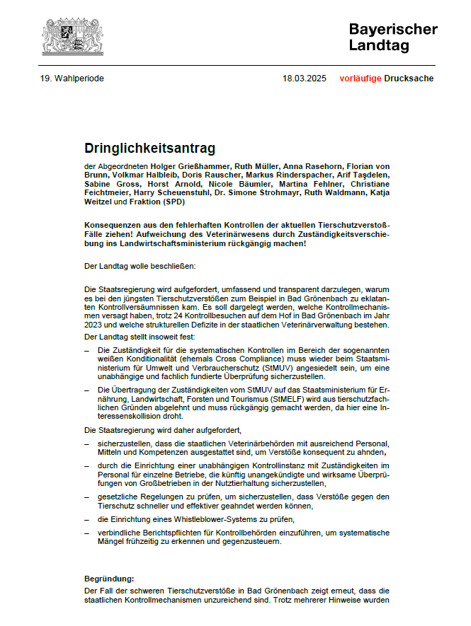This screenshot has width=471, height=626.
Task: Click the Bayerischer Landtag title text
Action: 392,37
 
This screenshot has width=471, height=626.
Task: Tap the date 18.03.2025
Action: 305,79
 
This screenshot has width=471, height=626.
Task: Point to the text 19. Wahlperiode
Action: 72,79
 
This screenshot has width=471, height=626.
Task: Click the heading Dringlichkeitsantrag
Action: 149,149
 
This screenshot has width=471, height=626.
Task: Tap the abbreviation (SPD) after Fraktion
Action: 171,202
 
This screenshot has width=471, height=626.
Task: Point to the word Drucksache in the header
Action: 409,79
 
